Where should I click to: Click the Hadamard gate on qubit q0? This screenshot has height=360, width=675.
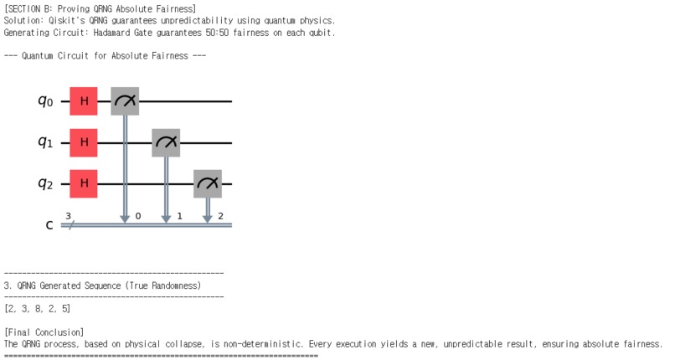[x=84, y=101]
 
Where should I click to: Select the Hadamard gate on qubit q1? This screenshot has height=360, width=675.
[x=84, y=142]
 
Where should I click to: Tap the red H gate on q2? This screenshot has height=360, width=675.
[x=84, y=183]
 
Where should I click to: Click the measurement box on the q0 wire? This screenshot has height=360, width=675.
[x=125, y=101]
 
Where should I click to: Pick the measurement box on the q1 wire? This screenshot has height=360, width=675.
[x=166, y=142]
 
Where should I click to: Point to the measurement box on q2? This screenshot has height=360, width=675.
[x=207, y=183]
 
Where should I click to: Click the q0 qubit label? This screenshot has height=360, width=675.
[x=45, y=101]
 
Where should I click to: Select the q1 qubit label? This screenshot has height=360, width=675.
[x=45, y=142]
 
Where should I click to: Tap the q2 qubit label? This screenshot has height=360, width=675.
[x=45, y=183]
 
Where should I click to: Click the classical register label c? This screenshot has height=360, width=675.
[x=49, y=224]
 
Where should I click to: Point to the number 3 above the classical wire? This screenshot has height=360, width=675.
[x=69, y=215]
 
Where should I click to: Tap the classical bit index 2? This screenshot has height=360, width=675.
[x=219, y=216]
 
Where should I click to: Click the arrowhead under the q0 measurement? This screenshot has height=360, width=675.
[x=125, y=219]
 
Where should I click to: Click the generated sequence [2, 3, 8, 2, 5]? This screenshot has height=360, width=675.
[x=38, y=309]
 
